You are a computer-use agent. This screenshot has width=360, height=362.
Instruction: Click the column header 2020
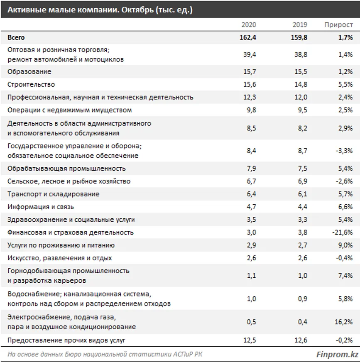point(249,24)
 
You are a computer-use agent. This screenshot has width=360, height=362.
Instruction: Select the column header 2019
point(299,24)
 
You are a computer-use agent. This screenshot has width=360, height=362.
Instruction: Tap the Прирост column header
point(338,24)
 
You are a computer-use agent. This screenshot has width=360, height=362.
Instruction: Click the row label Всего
point(16,37)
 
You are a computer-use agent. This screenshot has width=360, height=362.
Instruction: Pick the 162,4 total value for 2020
point(248,37)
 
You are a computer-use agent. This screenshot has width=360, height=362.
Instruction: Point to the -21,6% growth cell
point(342,232)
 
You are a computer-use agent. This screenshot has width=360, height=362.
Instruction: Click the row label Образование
point(29,72)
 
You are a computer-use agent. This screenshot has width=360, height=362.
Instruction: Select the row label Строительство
point(31,85)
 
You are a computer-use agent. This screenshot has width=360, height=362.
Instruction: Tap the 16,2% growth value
point(344,322)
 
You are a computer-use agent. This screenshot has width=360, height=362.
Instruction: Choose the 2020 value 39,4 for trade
point(250,55)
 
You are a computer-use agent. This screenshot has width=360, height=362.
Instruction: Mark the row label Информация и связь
point(41,207)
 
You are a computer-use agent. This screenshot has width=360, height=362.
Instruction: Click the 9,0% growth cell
point(345,245)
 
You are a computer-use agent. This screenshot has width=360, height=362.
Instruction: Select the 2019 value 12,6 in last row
point(300,341)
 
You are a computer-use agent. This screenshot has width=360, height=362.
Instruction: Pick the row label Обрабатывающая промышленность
point(66,169)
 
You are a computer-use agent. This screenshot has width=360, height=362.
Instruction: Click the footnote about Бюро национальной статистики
point(105,354)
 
